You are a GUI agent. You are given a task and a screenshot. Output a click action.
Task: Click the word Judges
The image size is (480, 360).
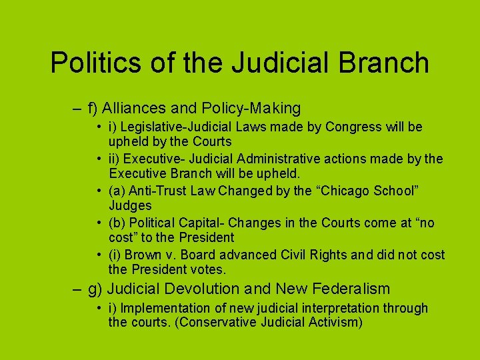click(x=130, y=206)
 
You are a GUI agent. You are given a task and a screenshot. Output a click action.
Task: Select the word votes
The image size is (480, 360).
click(x=211, y=270)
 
